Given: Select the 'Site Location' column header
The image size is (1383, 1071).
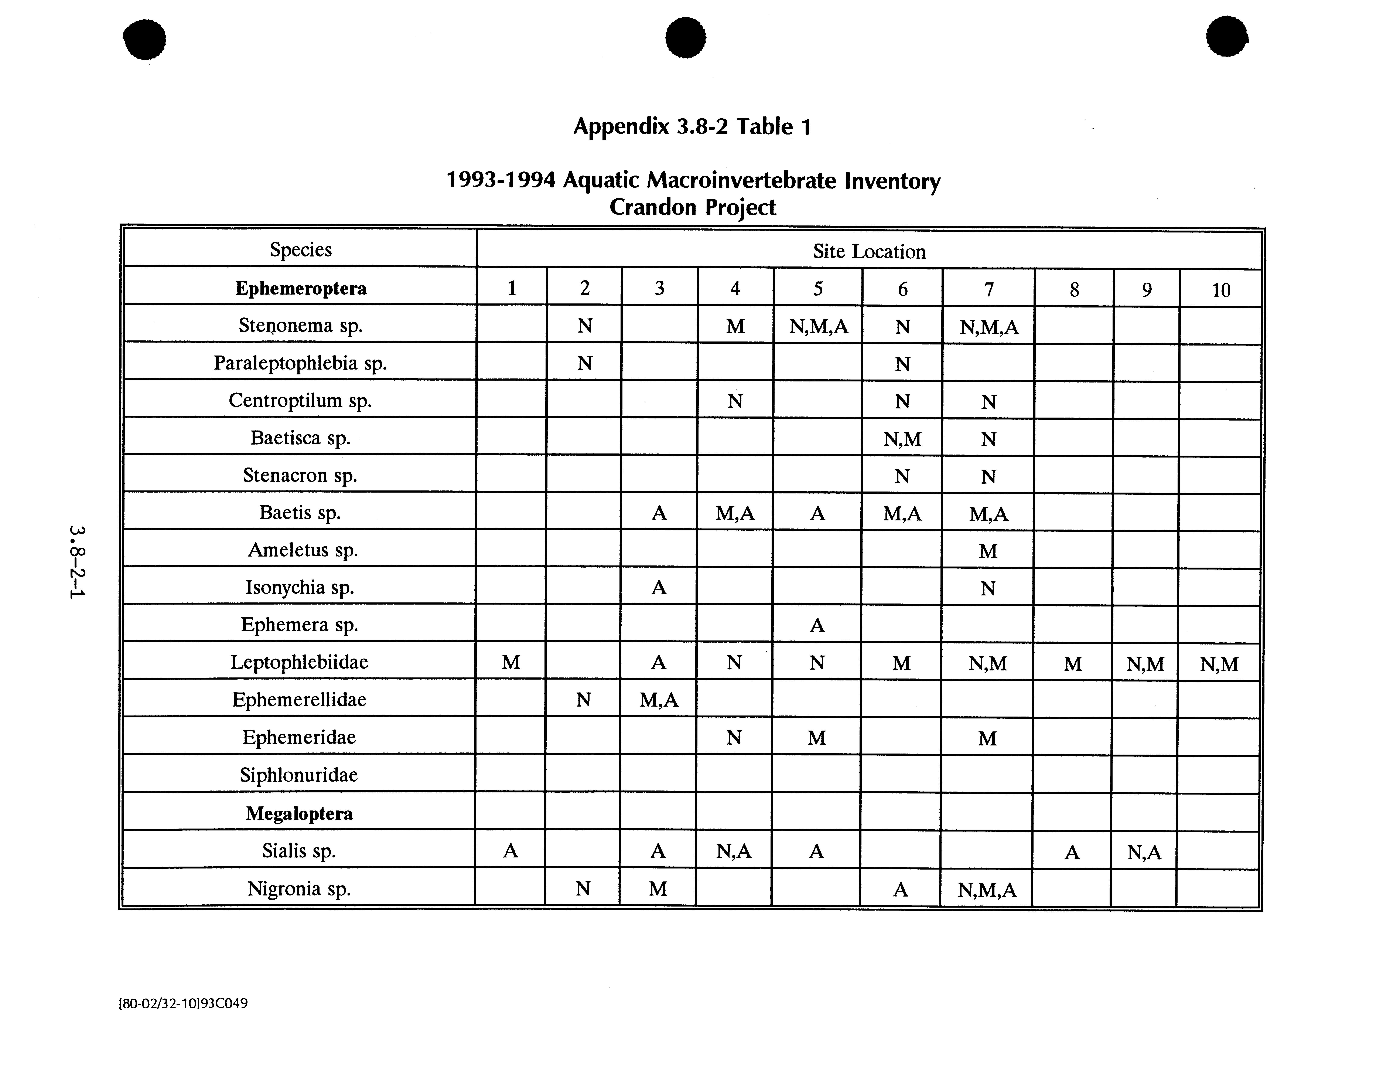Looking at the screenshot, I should pos(869,251).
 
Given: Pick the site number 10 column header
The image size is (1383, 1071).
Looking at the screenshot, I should pos(1220,290).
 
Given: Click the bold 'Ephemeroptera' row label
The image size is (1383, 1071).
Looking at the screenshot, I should pos(301,288).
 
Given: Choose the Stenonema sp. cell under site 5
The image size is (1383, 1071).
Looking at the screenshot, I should pos(818,326).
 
